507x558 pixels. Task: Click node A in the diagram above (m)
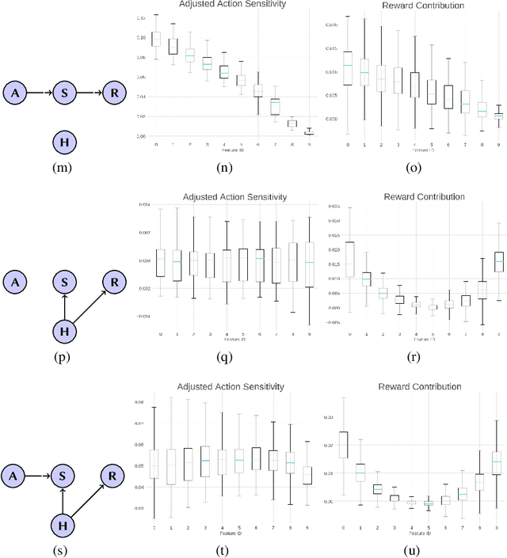click(16, 94)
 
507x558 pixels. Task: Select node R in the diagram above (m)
click(115, 94)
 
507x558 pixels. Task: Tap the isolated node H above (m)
click(64, 142)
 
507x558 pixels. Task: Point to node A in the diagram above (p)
click(16, 281)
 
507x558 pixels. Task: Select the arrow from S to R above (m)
click(90, 94)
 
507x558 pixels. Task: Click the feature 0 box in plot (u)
click(344, 444)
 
